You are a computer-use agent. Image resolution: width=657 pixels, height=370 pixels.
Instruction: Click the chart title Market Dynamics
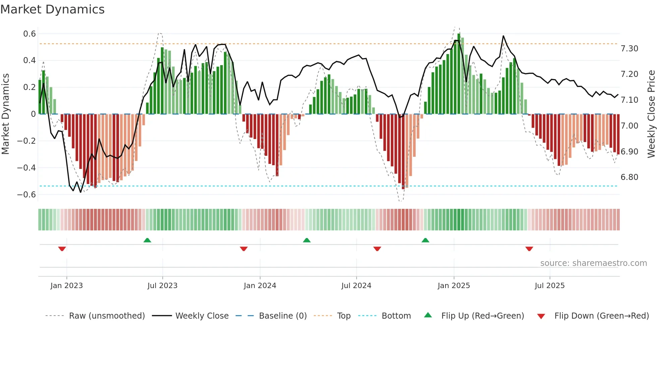pyautogui.click(x=53, y=9)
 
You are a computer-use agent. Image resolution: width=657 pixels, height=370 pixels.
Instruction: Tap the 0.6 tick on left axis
pyautogui.click(x=29, y=34)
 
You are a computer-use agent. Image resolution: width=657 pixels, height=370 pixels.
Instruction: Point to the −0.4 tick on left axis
pyautogui.click(x=26, y=168)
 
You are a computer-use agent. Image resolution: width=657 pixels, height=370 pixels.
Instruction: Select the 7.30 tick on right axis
pyautogui.click(x=630, y=49)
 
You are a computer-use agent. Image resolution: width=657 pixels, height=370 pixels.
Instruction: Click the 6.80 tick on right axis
pyautogui.click(x=630, y=177)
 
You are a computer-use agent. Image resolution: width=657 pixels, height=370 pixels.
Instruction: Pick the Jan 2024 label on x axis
pyautogui.click(x=260, y=286)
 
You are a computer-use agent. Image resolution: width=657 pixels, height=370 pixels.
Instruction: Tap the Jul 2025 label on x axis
pyautogui.click(x=550, y=286)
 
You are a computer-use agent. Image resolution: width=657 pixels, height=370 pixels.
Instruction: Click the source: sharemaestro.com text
pyautogui.click(x=593, y=263)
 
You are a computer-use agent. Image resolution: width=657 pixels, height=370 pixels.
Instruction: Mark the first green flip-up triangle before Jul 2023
pyautogui.click(x=147, y=240)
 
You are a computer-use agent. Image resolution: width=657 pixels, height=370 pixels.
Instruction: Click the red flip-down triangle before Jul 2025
pyautogui.click(x=529, y=249)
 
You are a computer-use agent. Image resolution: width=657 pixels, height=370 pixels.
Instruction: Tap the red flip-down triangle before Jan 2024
pyautogui.click(x=244, y=249)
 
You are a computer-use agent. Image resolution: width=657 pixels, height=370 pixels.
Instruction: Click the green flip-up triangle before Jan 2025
pyautogui.click(x=425, y=240)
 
